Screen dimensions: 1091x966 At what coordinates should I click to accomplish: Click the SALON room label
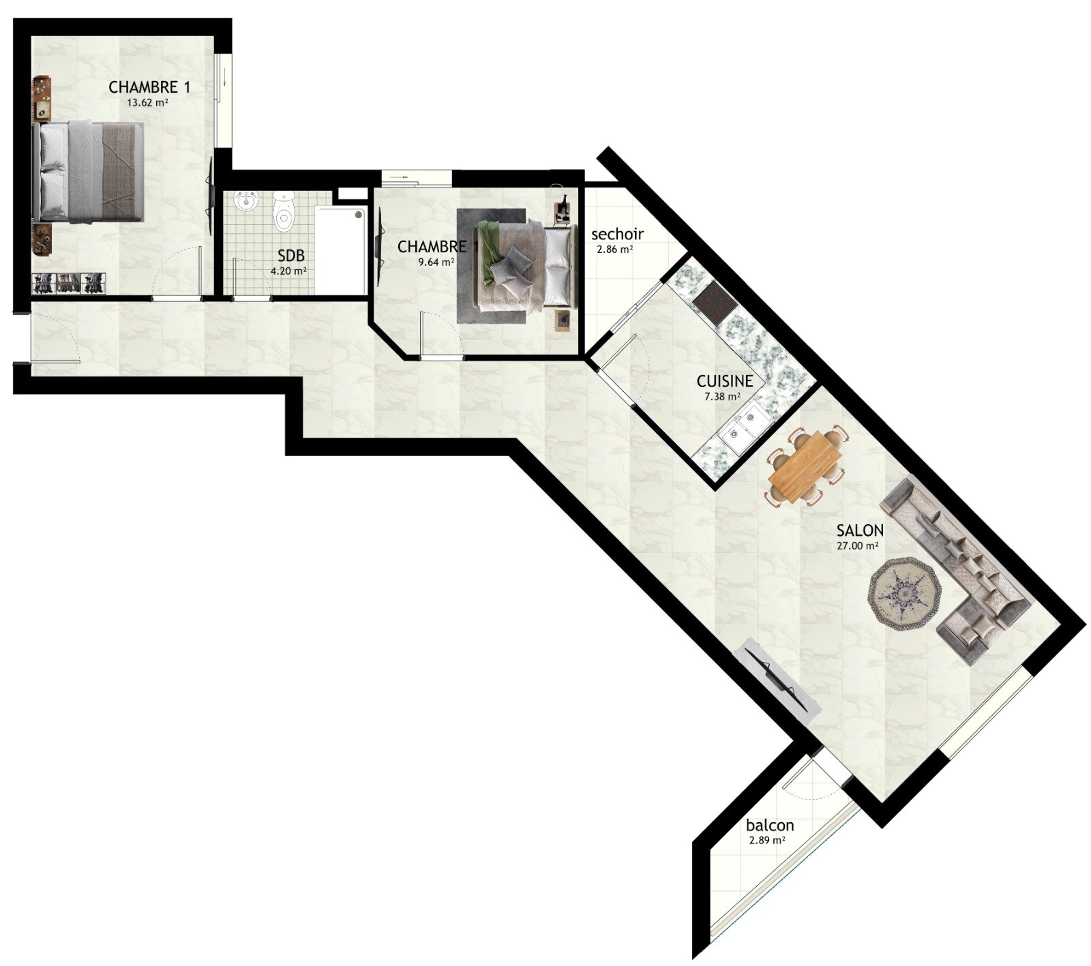[860, 530]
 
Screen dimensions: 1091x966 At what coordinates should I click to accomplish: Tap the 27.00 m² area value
[857, 546]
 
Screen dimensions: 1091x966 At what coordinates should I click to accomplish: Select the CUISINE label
[725, 381]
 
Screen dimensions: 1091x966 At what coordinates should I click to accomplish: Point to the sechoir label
[617, 235]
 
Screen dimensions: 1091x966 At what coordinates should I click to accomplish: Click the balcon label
[770, 826]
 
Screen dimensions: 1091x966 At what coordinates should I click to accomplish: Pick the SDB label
[291, 256]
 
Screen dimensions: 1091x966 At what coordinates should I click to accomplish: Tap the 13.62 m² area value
[147, 104]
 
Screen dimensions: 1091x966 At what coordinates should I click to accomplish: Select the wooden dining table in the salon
[806, 467]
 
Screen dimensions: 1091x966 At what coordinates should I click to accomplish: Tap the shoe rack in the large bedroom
[70, 283]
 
